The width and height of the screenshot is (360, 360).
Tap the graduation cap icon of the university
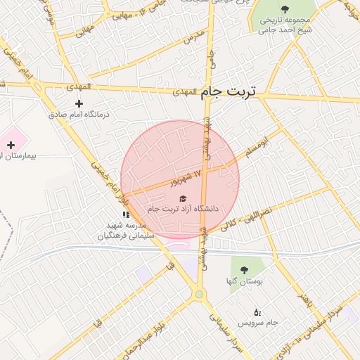click(x=183, y=199)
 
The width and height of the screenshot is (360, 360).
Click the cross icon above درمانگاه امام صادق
click(x=78, y=103)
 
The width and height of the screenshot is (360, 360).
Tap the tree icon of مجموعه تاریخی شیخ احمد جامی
click(x=284, y=9)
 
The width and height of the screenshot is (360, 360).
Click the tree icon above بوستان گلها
click(x=243, y=270)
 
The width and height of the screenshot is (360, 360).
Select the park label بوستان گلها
click(x=246, y=281)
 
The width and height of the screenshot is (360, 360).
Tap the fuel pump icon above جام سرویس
click(x=257, y=311)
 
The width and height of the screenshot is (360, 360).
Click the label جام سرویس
click(x=259, y=322)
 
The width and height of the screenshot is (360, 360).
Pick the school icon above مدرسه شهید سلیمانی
click(x=126, y=214)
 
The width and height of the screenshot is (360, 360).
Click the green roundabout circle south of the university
click(x=200, y=295)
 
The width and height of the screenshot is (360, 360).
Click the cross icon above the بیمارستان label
click(x=11, y=144)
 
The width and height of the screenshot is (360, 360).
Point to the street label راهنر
click(x=305, y=300)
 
